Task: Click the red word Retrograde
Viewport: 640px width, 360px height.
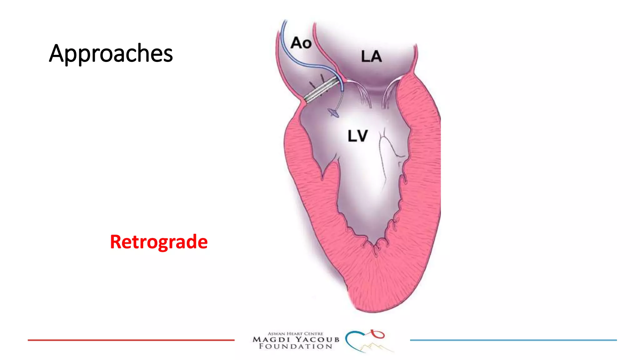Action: coord(159,242)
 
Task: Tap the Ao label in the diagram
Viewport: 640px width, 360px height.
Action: coord(301,43)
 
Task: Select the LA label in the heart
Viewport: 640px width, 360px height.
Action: coord(371,57)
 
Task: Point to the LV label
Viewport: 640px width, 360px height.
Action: coord(358,136)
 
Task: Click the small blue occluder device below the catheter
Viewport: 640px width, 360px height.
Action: coord(333,112)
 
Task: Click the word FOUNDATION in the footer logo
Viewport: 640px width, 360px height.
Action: coord(296,347)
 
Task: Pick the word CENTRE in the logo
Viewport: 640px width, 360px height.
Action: coord(313,334)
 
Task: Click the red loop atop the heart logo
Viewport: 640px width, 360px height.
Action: coord(379,334)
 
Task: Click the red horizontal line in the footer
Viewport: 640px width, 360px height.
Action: coord(131,340)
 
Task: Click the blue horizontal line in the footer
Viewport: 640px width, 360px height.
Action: coord(513,340)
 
